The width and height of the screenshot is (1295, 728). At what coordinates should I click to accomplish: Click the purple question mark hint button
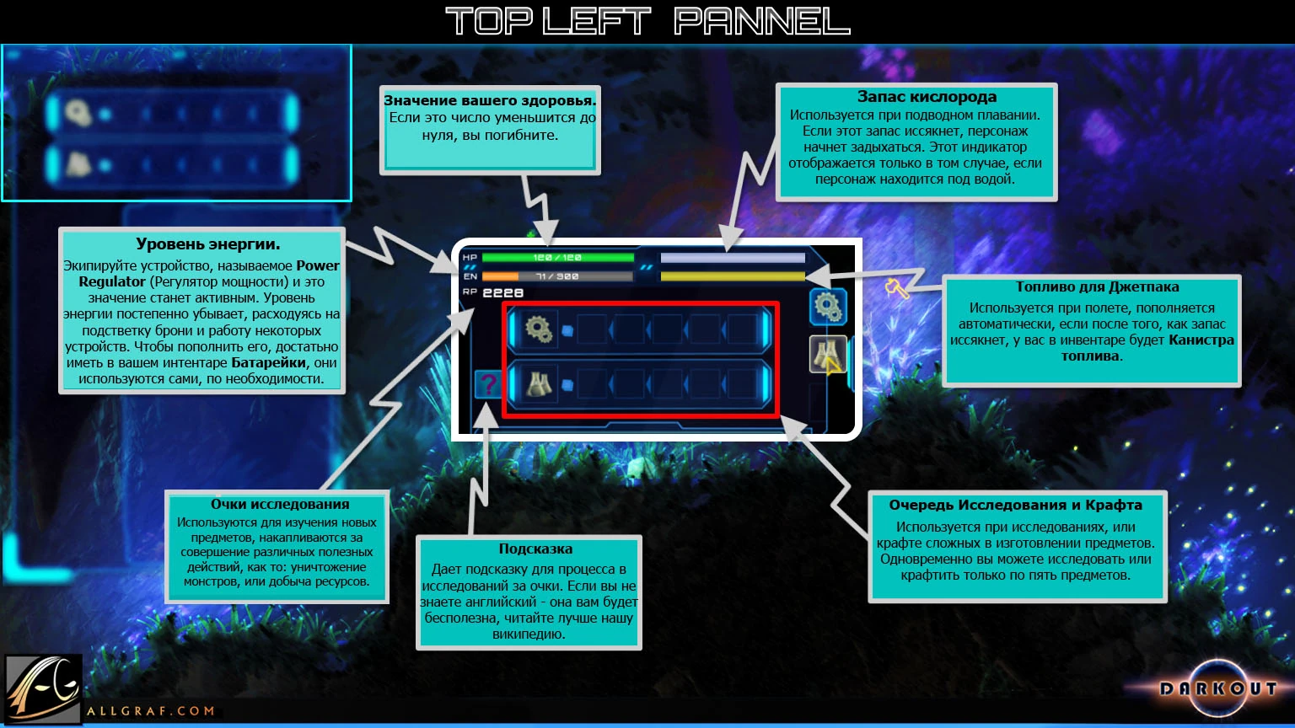(x=487, y=384)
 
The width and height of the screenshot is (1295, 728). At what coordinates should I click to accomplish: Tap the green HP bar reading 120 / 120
(x=557, y=258)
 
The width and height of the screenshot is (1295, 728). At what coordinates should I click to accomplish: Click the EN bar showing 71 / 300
(x=557, y=276)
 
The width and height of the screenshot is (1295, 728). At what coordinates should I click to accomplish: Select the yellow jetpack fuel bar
(x=733, y=276)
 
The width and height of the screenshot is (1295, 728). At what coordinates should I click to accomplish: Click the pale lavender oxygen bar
(x=733, y=258)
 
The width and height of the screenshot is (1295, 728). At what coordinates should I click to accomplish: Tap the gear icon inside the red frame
(x=538, y=328)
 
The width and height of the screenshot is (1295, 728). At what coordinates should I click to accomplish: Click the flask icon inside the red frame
(x=538, y=384)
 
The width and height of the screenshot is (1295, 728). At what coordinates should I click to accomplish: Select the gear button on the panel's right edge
(x=828, y=307)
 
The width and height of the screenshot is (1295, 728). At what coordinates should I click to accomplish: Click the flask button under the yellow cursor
(x=826, y=353)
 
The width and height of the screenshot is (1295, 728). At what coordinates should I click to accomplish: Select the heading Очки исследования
(x=280, y=504)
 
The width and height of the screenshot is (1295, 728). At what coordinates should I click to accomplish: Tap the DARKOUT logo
(x=1217, y=688)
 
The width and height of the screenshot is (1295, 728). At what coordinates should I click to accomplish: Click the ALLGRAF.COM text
(x=150, y=711)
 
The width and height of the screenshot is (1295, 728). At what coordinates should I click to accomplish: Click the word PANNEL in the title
(x=762, y=21)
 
